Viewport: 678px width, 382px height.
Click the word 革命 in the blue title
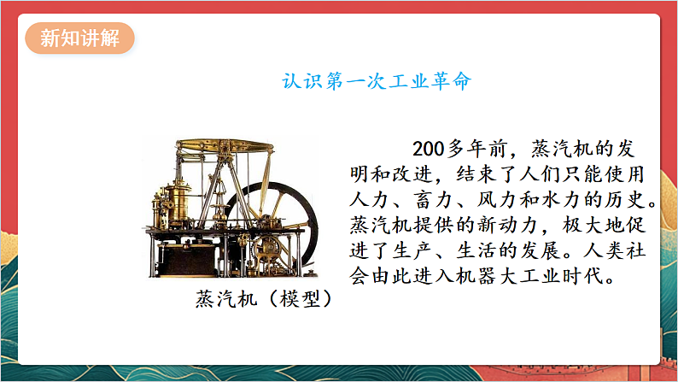pyautogui.click(x=447, y=82)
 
